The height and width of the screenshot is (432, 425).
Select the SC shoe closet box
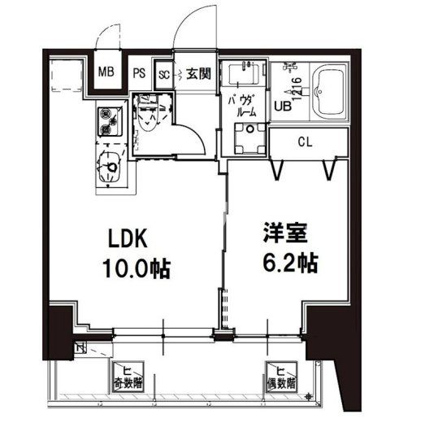(x=163, y=73)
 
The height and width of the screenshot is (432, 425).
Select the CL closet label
(x=305, y=142)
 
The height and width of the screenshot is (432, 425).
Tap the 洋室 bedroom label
(x=282, y=233)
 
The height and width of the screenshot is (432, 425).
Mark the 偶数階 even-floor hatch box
(x=280, y=375)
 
